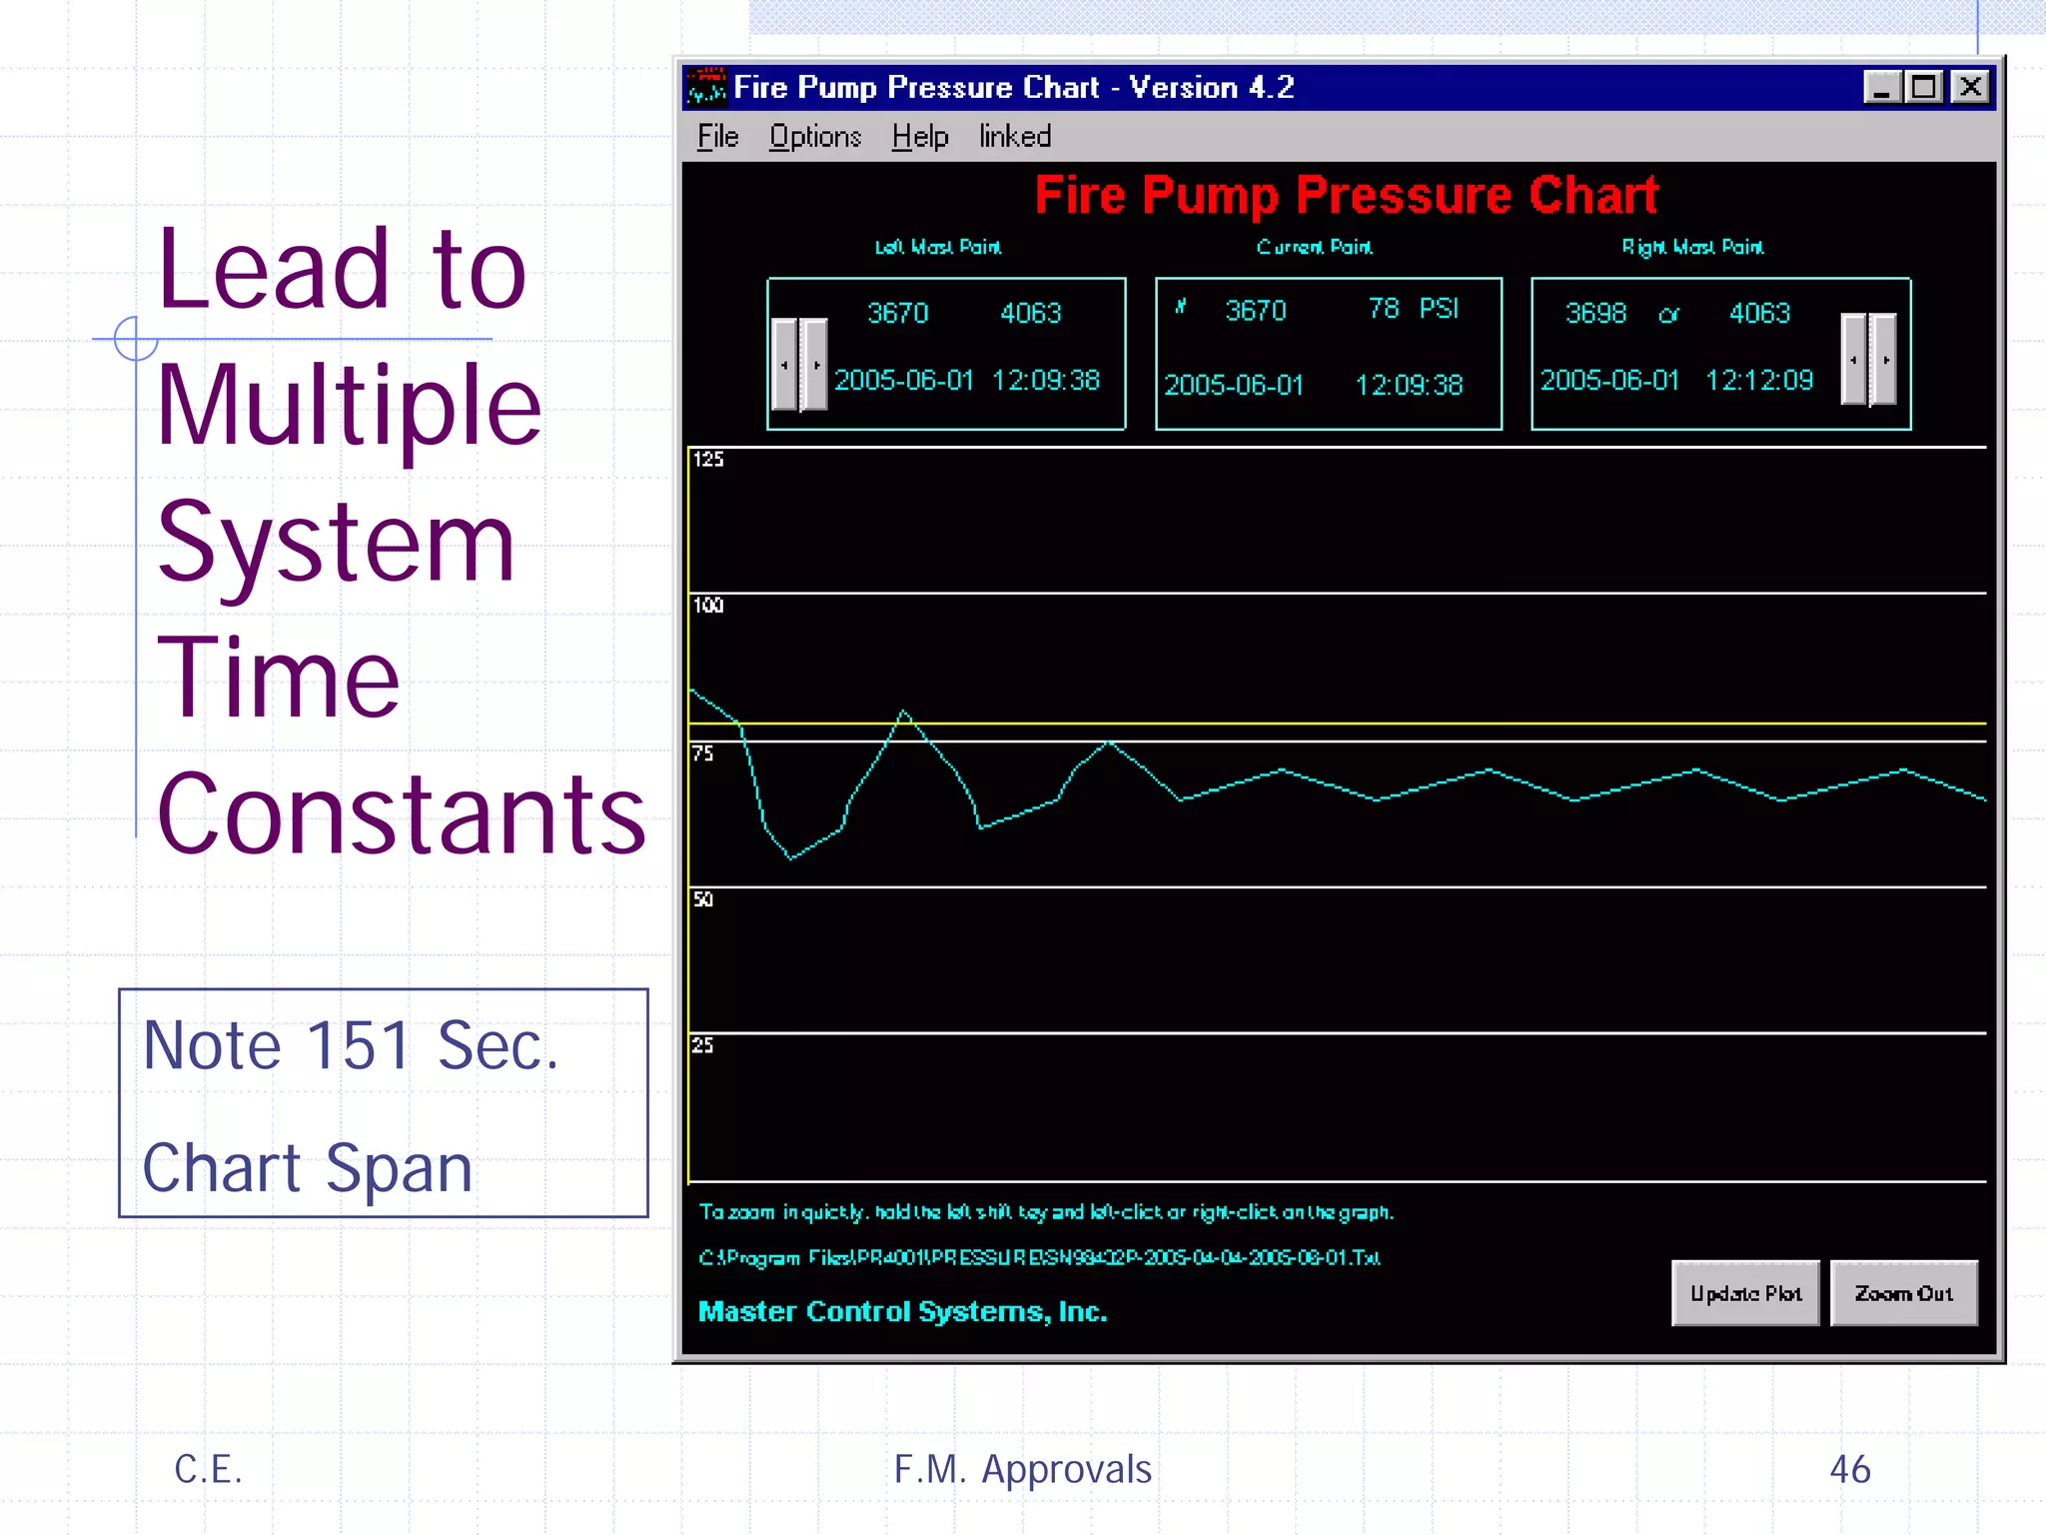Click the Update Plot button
pyautogui.click(x=1745, y=1293)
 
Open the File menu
pyautogui.click(x=717, y=137)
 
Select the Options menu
pyautogui.click(x=814, y=137)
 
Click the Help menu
pyautogui.click(x=919, y=137)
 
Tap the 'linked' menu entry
pyautogui.click(x=1014, y=137)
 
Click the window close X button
pyautogui.click(x=1970, y=88)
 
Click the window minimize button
pyautogui.click(x=1881, y=88)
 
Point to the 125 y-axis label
pyautogui.click(x=708, y=460)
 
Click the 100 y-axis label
pyautogui.click(x=708, y=606)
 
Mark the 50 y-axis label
pyautogui.click(x=703, y=899)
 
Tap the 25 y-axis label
pyautogui.click(x=703, y=1045)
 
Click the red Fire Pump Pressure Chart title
pyautogui.click(x=1346, y=195)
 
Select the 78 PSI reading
pyautogui.click(x=1413, y=309)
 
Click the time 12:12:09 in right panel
pyautogui.click(x=1758, y=381)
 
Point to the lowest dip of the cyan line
pyautogui.click(x=791, y=857)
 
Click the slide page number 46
pyautogui.click(x=1849, y=1469)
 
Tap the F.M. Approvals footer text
pyautogui.click(x=1022, y=1469)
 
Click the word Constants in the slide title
pyautogui.click(x=402, y=813)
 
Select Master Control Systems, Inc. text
pyautogui.click(x=902, y=1311)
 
